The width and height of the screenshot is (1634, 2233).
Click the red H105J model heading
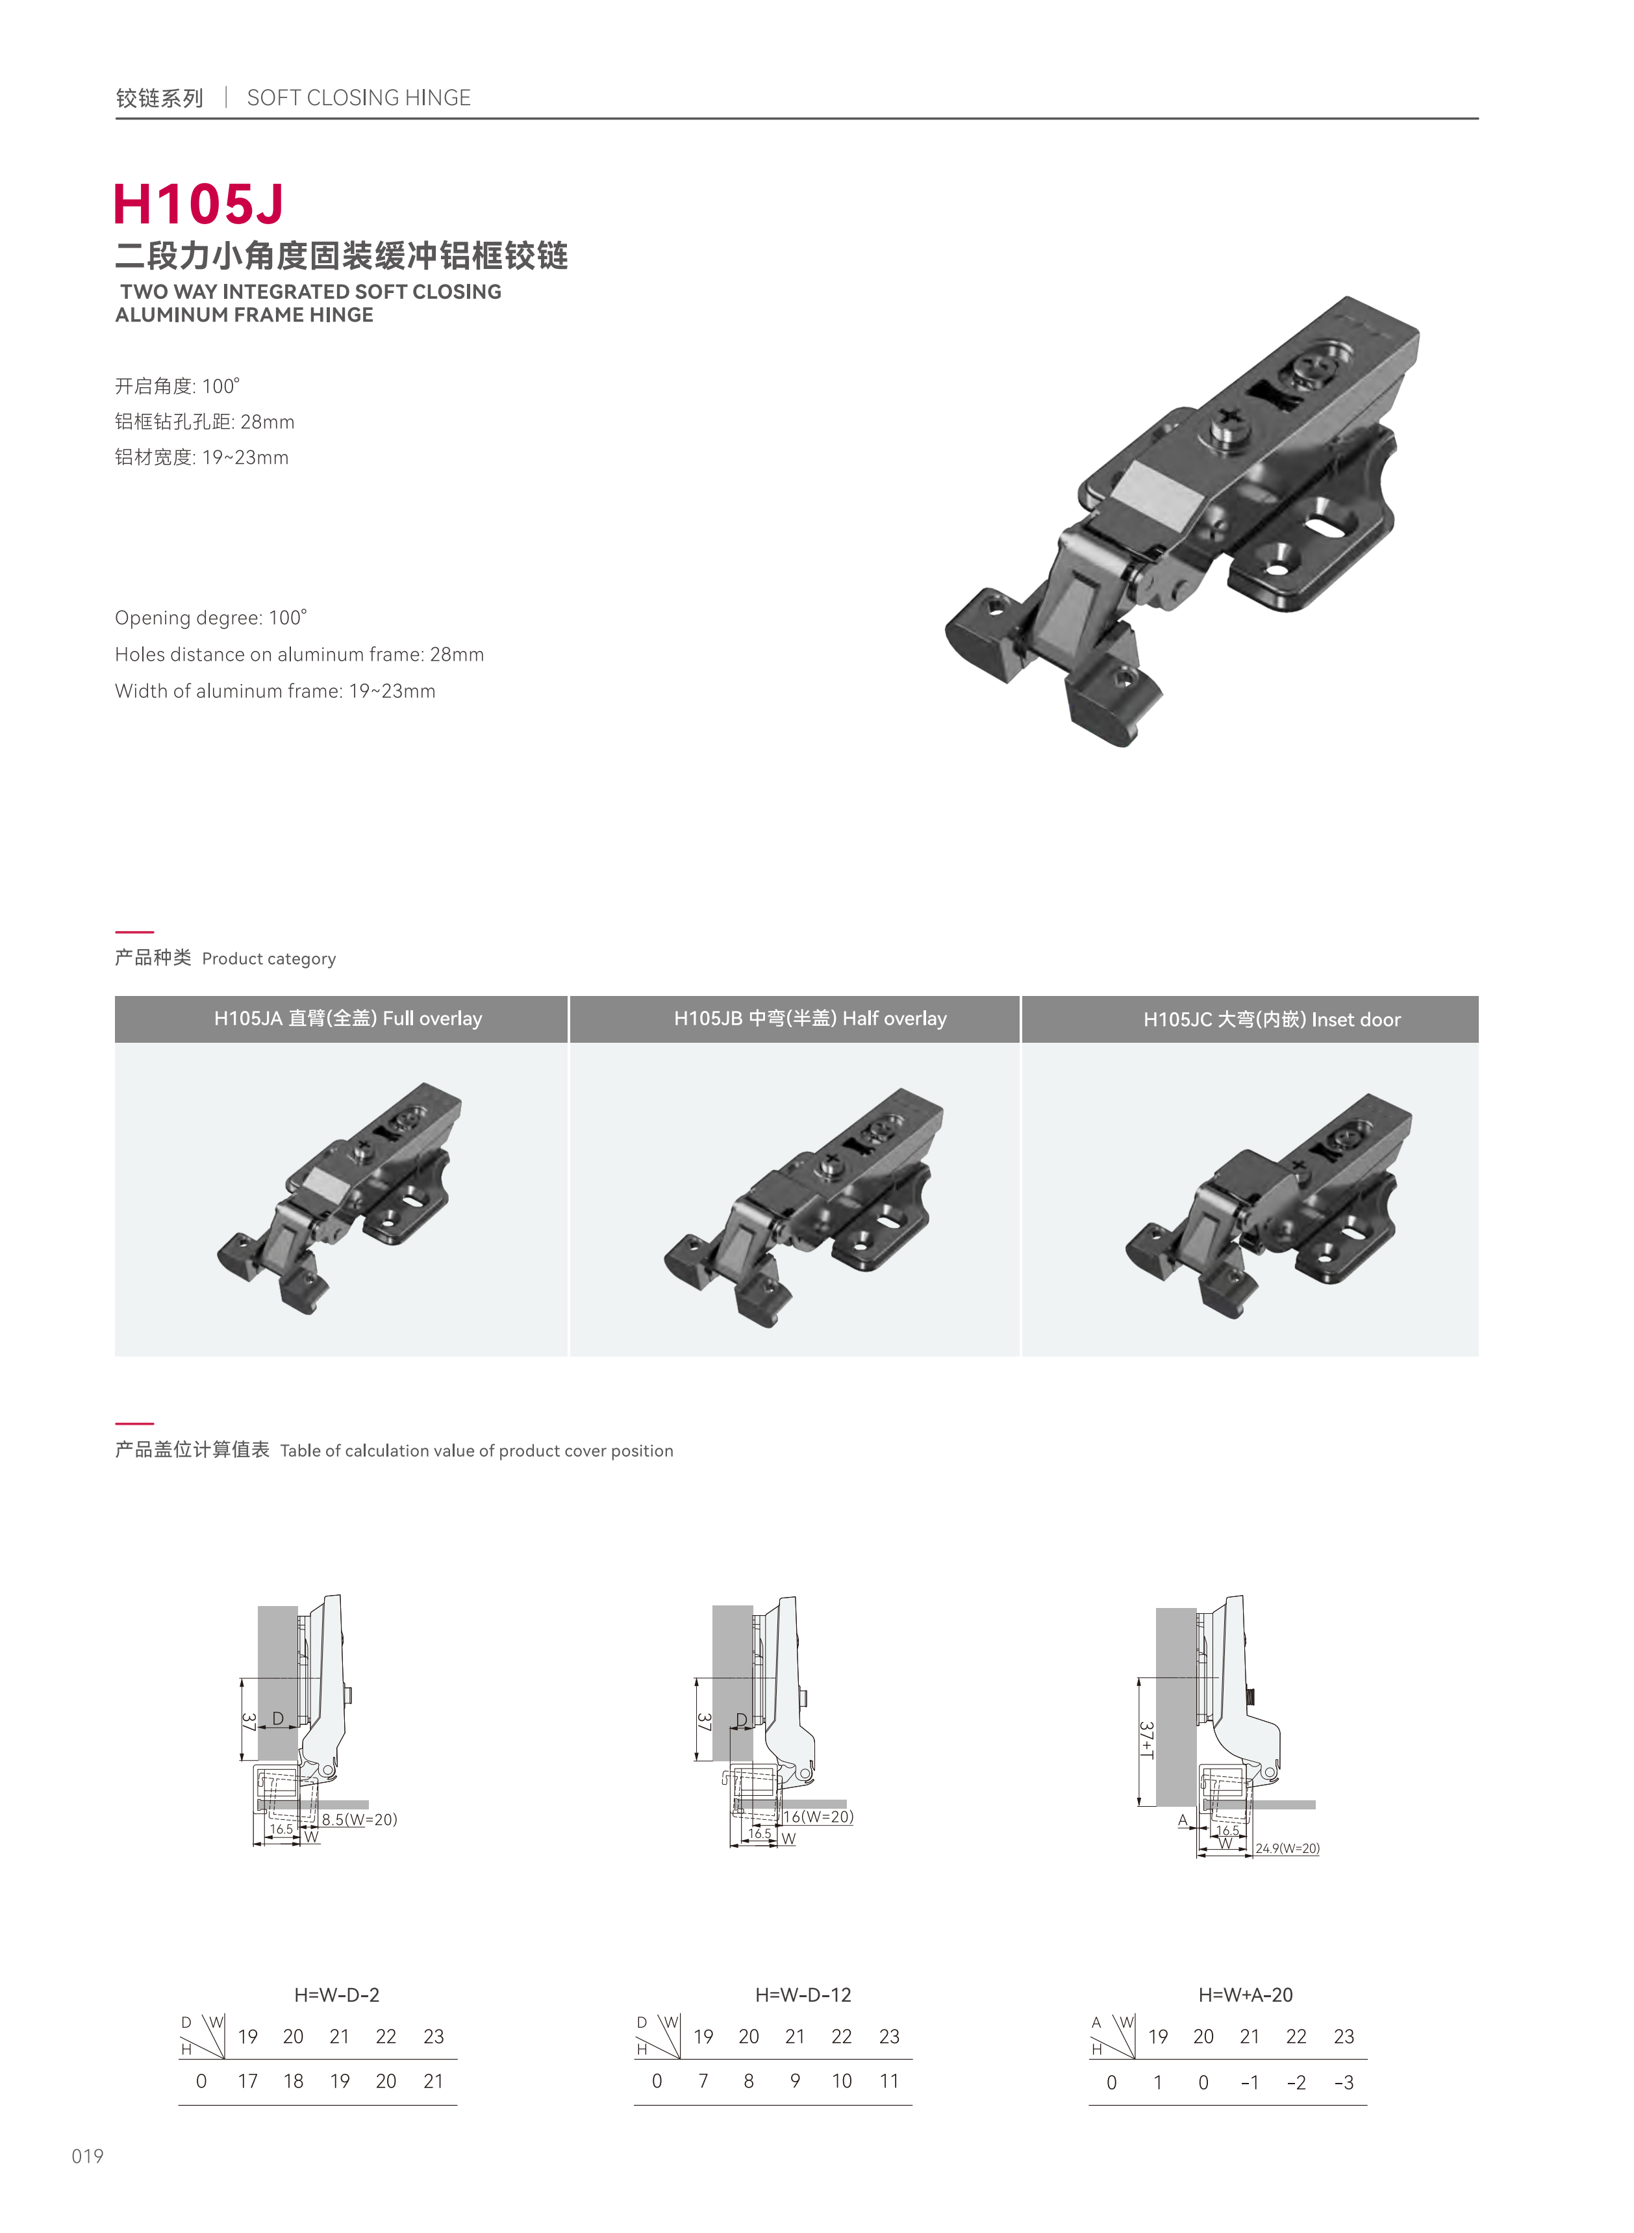(x=198, y=204)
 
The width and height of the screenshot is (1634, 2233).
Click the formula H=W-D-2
(x=336, y=1995)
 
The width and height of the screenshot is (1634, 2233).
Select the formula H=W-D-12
(x=803, y=1995)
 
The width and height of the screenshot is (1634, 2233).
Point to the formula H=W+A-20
(x=1245, y=1995)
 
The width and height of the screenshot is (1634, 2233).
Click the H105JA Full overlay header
(x=348, y=1018)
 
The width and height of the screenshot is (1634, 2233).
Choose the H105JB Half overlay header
(x=810, y=1018)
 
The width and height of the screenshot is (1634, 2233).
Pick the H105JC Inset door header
(x=1272, y=1019)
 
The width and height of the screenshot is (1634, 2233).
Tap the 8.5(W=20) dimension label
(x=359, y=1818)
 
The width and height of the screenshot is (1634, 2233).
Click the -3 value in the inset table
(x=1343, y=2083)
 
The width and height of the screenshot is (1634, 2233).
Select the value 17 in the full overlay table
(x=247, y=2080)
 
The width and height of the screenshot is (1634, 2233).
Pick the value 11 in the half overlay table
(x=889, y=2080)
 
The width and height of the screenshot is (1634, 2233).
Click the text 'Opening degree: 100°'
(x=210, y=617)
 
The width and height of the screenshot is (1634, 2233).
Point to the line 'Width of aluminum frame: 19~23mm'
(x=275, y=691)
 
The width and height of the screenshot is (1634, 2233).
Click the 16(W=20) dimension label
(x=819, y=1817)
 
